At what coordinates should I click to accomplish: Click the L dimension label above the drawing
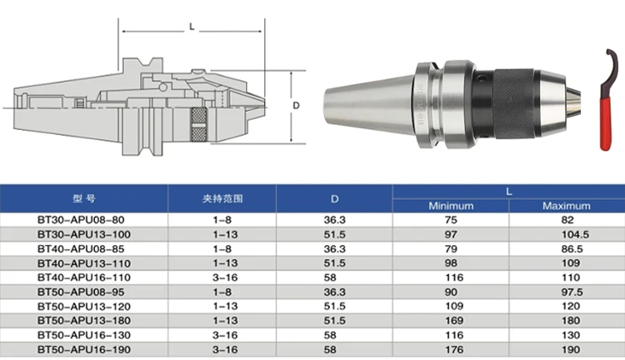pos(192,27)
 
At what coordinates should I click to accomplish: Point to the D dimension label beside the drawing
pos(296,106)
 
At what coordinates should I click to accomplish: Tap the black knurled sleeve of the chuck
pos(513,103)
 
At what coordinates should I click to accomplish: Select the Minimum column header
pos(451,206)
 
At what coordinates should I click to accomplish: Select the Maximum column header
pos(567,206)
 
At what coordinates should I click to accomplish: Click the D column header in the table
pos(334,199)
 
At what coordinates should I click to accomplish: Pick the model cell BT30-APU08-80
pos(81,220)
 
